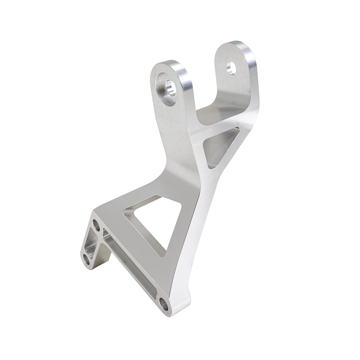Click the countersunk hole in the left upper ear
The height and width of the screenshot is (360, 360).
170,87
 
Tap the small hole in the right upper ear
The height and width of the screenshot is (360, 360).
231,68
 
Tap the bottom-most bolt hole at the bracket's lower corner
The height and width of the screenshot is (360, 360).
164,305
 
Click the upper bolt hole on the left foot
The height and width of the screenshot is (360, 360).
96,225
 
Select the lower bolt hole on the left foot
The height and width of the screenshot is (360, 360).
86,259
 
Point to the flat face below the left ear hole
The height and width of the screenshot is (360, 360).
178,130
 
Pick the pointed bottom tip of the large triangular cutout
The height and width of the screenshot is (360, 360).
163,254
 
